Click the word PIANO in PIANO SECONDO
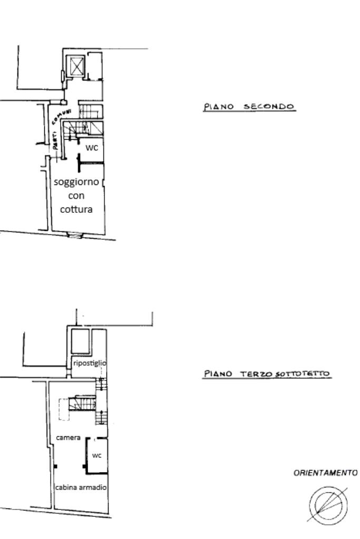[219, 106]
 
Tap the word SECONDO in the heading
[269, 106]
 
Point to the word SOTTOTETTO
[302, 374]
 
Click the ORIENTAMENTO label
[325, 473]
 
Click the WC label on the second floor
[92, 148]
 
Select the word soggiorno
[76, 182]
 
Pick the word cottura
[76, 209]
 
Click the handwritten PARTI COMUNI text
[61, 129]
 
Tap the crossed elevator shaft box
[76, 66]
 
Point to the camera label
[68, 438]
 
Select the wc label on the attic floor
[97, 455]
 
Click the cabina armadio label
[81, 487]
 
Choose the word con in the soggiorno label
[76, 196]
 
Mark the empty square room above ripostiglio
[80, 341]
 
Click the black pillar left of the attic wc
[84, 466]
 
